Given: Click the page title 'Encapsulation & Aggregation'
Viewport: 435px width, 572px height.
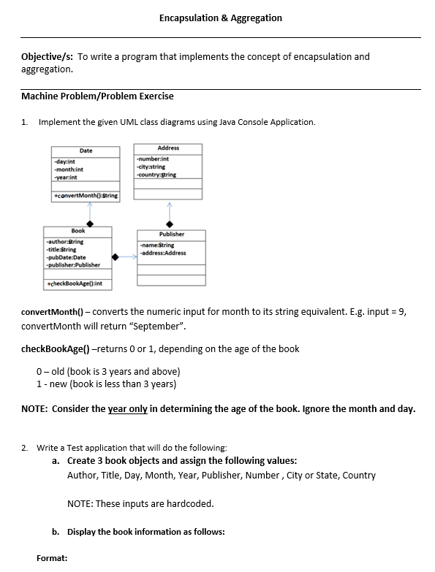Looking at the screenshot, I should [220, 18].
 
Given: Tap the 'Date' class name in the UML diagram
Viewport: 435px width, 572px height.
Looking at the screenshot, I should [86, 150].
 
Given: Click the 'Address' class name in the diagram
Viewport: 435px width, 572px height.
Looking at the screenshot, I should [168, 148].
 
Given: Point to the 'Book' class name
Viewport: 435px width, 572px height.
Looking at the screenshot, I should [77, 231].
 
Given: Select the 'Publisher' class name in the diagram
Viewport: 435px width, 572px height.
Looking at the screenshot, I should [171, 234].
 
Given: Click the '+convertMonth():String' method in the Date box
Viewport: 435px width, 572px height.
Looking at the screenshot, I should [86, 196].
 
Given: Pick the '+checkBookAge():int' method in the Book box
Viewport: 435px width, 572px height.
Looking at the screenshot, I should [74, 283].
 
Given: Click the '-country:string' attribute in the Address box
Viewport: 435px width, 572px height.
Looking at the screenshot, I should [156, 175].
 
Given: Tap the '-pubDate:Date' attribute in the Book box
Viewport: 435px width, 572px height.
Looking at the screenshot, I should [66, 257].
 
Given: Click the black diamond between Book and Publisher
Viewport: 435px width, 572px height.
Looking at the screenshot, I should [116, 257].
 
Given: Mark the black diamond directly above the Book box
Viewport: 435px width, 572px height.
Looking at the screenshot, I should [90, 223].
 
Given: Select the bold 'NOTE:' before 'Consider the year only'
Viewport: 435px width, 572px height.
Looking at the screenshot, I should [35, 409].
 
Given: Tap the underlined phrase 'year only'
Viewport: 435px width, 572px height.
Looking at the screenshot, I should [128, 409].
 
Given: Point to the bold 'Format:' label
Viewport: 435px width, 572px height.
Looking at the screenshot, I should [52, 558].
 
